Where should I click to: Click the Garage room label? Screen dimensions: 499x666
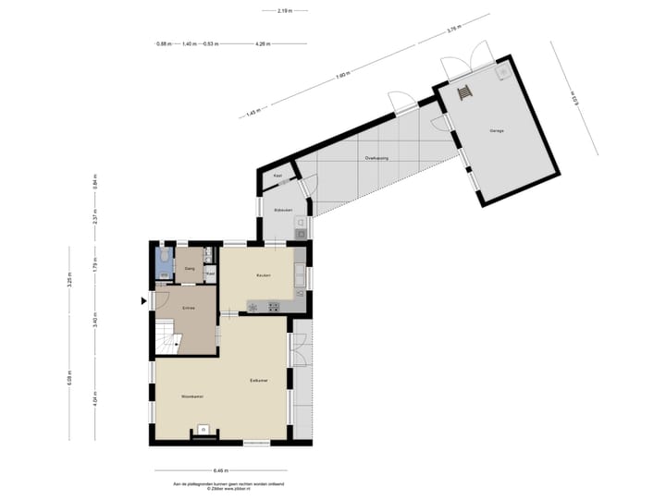[497, 131]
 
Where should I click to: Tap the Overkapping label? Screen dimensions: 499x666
[376, 158]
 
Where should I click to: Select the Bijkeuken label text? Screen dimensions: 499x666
[282, 211]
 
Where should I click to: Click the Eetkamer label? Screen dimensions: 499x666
[258, 380]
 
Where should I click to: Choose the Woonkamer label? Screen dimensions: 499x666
[191, 396]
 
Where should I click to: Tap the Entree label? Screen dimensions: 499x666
[188, 308]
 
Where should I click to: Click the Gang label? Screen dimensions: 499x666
[189, 269]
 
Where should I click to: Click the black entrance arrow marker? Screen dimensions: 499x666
[142, 300]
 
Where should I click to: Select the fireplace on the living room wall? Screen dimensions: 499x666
[202, 431]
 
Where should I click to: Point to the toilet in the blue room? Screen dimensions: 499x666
[163, 256]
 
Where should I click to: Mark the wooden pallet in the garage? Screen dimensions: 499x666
[465, 91]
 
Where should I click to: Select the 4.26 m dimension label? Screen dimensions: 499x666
[262, 43]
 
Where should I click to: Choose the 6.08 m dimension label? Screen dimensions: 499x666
[69, 382]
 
